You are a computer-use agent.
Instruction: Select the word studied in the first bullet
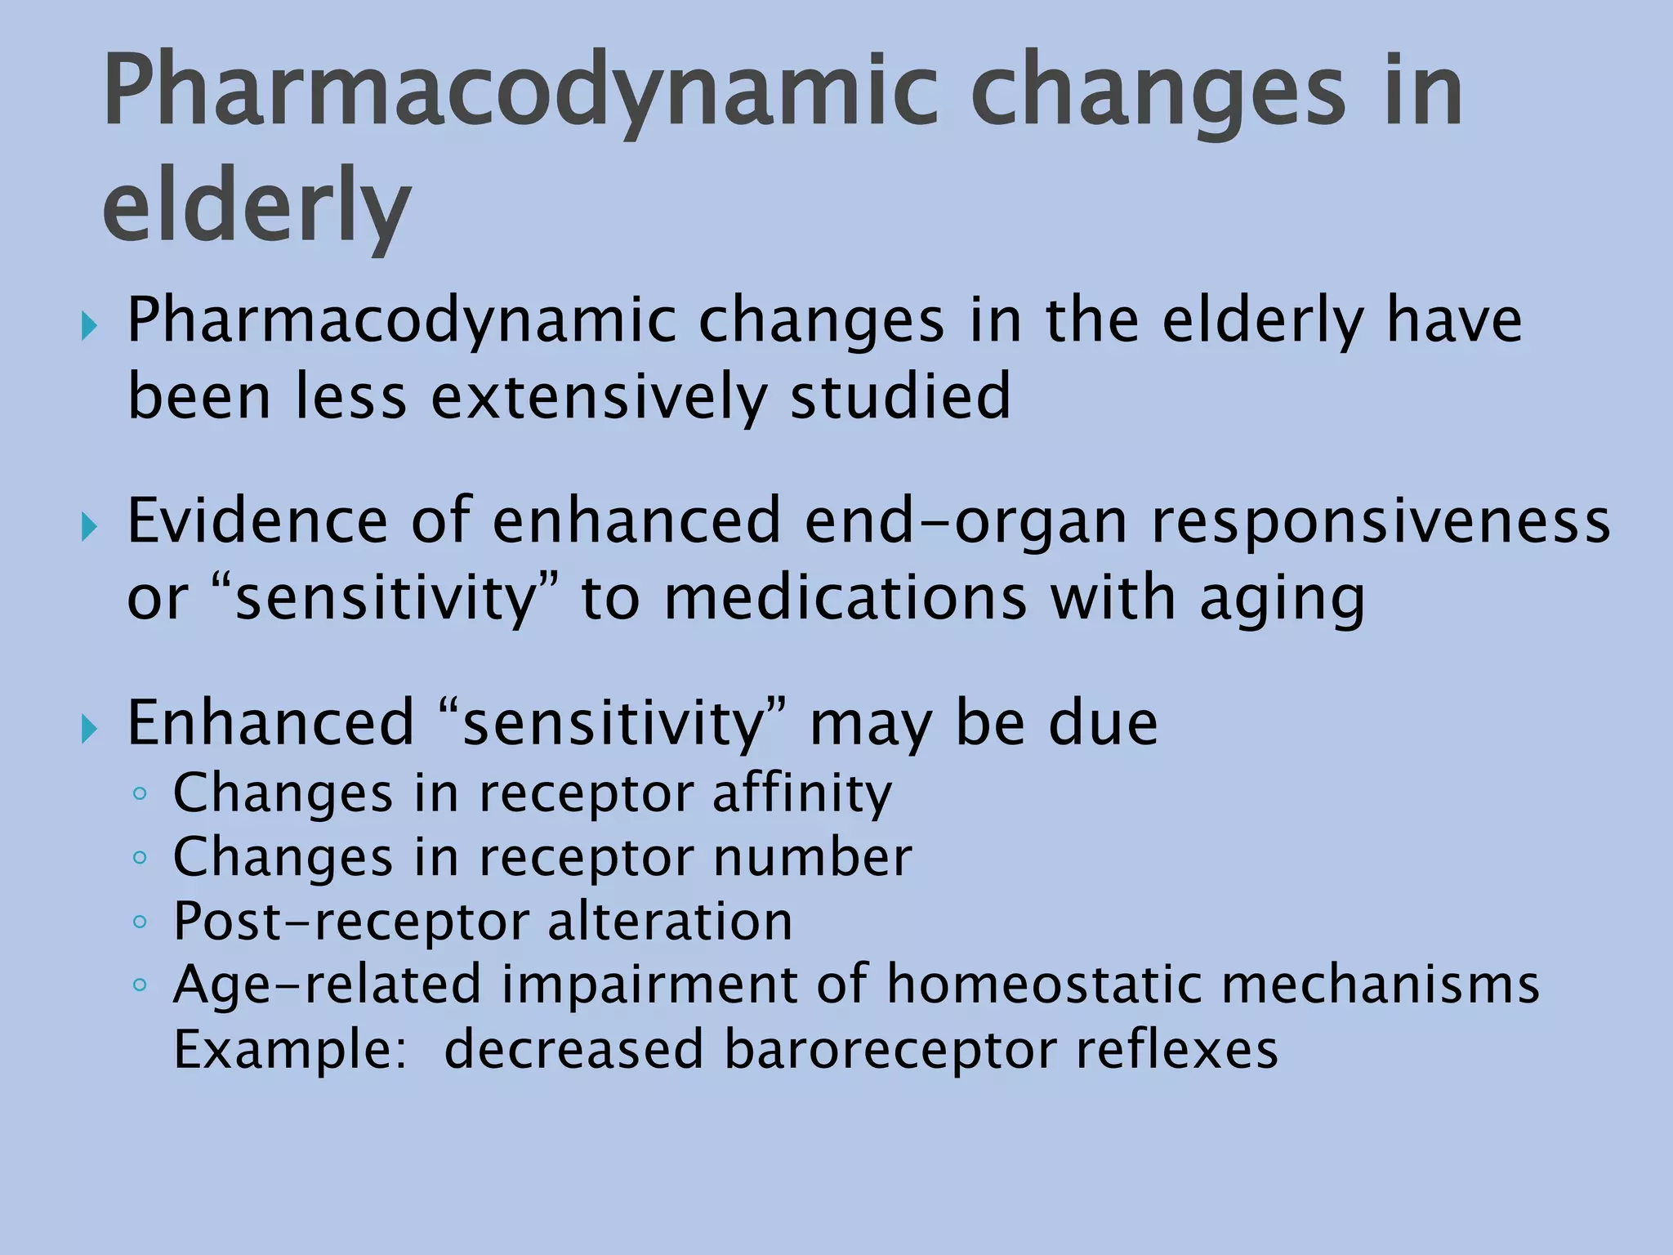(x=900, y=397)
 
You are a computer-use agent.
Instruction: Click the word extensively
(x=598, y=397)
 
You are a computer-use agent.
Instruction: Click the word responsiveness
(x=1381, y=521)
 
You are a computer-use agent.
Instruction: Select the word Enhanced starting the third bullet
(x=270, y=723)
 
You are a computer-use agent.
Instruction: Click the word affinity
(x=802, y=793)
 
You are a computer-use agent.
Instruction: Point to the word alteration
(x=670, y=922)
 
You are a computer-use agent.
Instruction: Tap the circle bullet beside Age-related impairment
(x=140, y=985)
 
